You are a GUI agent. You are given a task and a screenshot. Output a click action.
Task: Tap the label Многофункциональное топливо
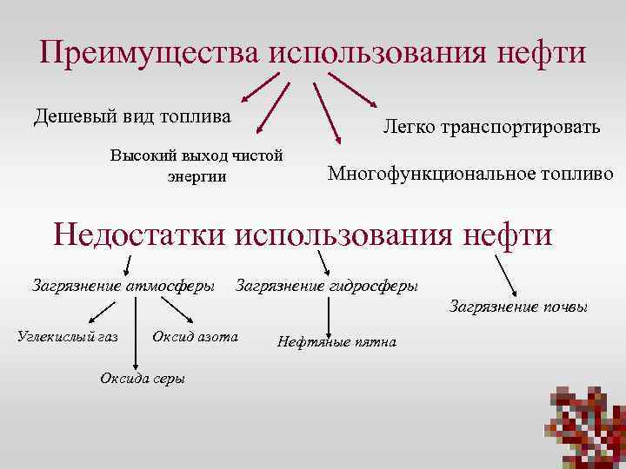pyautogui.click(x=470, y=173)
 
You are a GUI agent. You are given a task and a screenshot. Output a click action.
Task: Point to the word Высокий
pyautogui.click(x=143, y=156)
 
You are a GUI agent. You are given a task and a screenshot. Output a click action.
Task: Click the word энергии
pyautogui.click(x=196, y=175)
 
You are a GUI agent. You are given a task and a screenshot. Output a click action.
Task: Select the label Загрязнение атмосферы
pyautogui.click(x=123, y=284)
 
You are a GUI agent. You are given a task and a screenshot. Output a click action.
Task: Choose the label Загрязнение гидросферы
pyautogui.click(x=326, y=284)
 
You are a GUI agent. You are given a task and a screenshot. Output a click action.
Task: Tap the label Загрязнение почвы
pyautogui.click(x=518, y=306)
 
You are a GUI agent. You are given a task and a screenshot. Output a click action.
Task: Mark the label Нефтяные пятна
pyautogui.click(x=336, y=341)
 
